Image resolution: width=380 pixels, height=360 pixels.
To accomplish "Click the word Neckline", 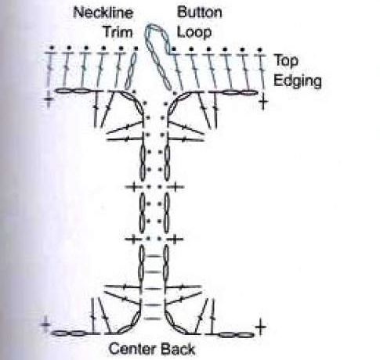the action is (x=103, y=13).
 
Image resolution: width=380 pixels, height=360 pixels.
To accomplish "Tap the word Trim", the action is (x=118, y=32).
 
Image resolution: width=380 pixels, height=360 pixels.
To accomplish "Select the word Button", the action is (x=200, y=12).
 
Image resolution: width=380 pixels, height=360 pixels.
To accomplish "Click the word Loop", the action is (x=194, y=32).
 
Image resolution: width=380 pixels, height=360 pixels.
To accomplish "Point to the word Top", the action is (x=286, y=61).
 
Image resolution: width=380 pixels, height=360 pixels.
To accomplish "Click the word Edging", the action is (x=298, y=81).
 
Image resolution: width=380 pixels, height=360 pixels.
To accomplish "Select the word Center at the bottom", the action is (x=132, y=349).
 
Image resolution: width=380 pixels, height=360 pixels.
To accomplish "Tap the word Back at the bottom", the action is (x=177, y=349).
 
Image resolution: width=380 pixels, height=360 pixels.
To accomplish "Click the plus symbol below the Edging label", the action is (x=263, y=101).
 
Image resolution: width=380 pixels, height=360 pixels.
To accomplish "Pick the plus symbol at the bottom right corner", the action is (x=260, y=327).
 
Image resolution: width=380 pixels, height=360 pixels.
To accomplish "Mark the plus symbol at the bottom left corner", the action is (x=46, y=325).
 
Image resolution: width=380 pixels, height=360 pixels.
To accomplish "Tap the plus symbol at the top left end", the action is (x=49, y=99).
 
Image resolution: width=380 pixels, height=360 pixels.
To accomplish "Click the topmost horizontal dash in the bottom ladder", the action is (x=154, y=256).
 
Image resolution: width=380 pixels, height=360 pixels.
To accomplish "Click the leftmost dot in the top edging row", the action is (x=52, y=48).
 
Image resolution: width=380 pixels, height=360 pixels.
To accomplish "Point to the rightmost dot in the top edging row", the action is (x=259, y=49).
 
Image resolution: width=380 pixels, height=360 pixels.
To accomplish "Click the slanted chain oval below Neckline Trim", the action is (x=131, y=71).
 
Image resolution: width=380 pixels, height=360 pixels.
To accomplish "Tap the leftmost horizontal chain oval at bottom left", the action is (x=60, y=333).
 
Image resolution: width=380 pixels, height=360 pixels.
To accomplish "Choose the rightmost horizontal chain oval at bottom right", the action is (x=245, y=335).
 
